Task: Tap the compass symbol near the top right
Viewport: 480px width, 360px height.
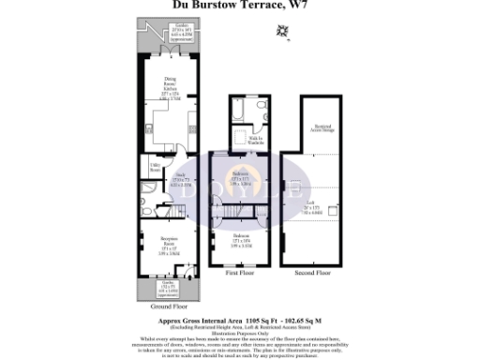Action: [280, 34]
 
